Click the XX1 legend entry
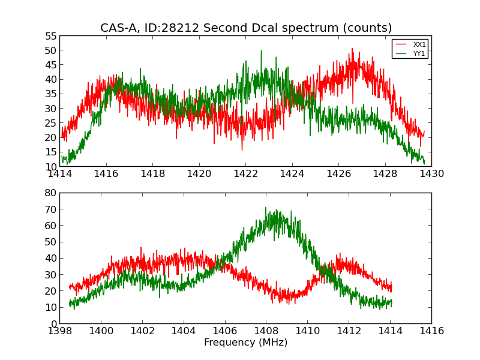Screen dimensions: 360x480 (x=419, y=44)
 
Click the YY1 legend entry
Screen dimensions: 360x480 (x=419, y=53)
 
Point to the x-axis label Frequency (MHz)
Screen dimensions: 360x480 (x=245, y=343)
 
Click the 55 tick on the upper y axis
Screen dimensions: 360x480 (x=50, y=36)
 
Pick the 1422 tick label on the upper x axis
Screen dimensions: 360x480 (x=245, y=174)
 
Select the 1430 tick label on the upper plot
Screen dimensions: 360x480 (x=431, y=174)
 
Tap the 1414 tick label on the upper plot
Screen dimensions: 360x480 (x=59, y=174)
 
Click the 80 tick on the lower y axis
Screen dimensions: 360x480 (x=50, y=193)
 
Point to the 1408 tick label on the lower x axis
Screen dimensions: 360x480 (x=266, y=331)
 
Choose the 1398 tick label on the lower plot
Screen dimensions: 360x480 (x=59, y=331)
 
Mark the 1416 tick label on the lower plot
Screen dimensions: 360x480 (x=431, y=331)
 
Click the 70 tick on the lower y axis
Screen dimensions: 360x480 (x=50, y=209)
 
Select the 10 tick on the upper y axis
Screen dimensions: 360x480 (x=50, y=167)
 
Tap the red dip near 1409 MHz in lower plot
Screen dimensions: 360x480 (x=287, y=302)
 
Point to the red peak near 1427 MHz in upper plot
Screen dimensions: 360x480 (x=352, y=49)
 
